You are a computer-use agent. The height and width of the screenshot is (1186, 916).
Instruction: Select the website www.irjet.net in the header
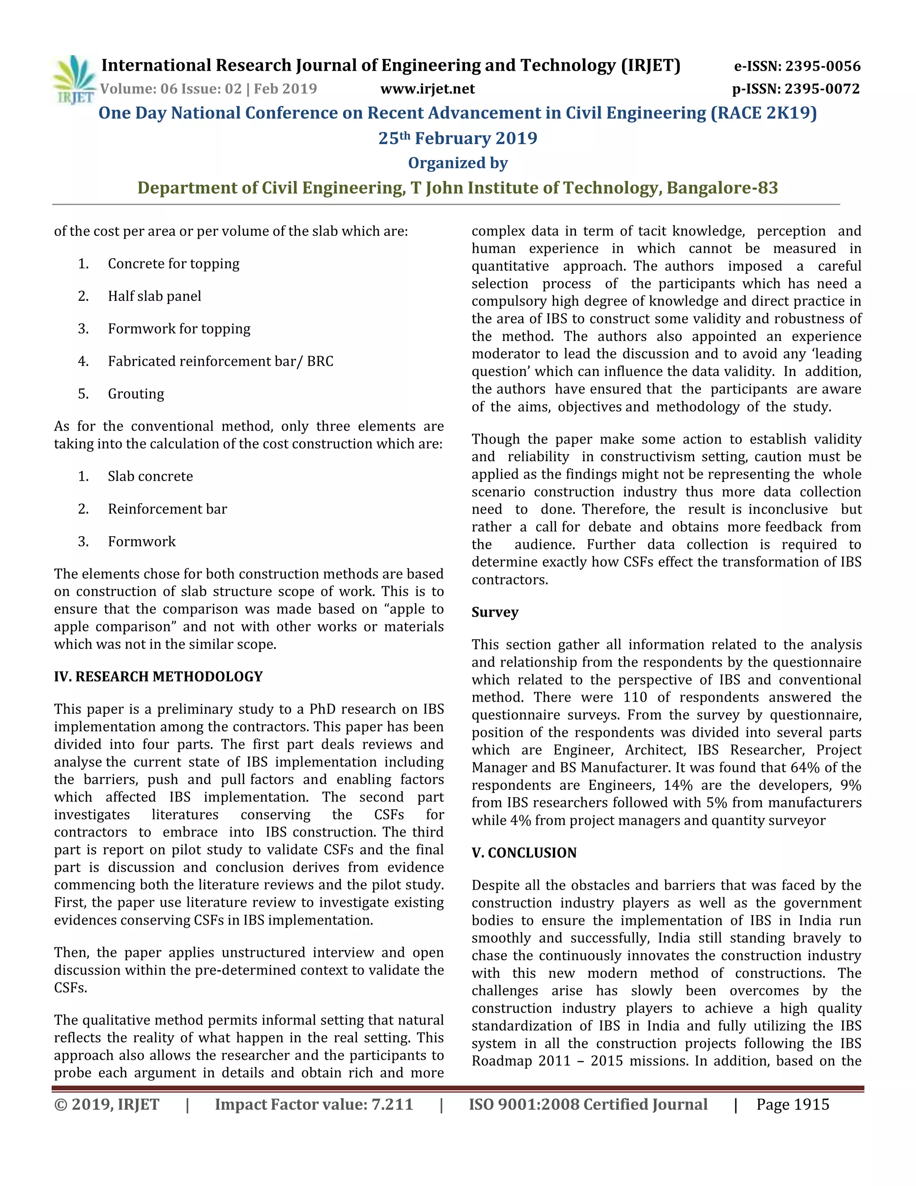427,89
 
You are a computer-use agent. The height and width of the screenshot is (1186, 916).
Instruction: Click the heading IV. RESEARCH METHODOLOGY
158,677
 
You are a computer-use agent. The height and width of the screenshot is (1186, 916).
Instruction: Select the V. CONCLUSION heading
524,853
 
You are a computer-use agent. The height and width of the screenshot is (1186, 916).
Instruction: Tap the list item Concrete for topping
173,264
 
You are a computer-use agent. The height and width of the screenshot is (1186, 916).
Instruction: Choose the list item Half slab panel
154,296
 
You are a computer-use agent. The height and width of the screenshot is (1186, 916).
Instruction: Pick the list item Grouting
136,394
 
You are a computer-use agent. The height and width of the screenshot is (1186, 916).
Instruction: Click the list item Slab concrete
150,476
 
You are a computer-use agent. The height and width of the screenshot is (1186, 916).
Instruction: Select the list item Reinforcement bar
167,509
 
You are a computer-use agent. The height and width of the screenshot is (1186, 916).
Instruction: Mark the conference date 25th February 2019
458,138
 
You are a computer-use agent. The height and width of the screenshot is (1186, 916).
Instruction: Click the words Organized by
458,163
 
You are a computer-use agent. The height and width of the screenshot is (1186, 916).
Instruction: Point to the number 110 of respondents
635,697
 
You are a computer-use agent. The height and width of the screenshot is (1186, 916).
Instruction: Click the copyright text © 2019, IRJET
106,1105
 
